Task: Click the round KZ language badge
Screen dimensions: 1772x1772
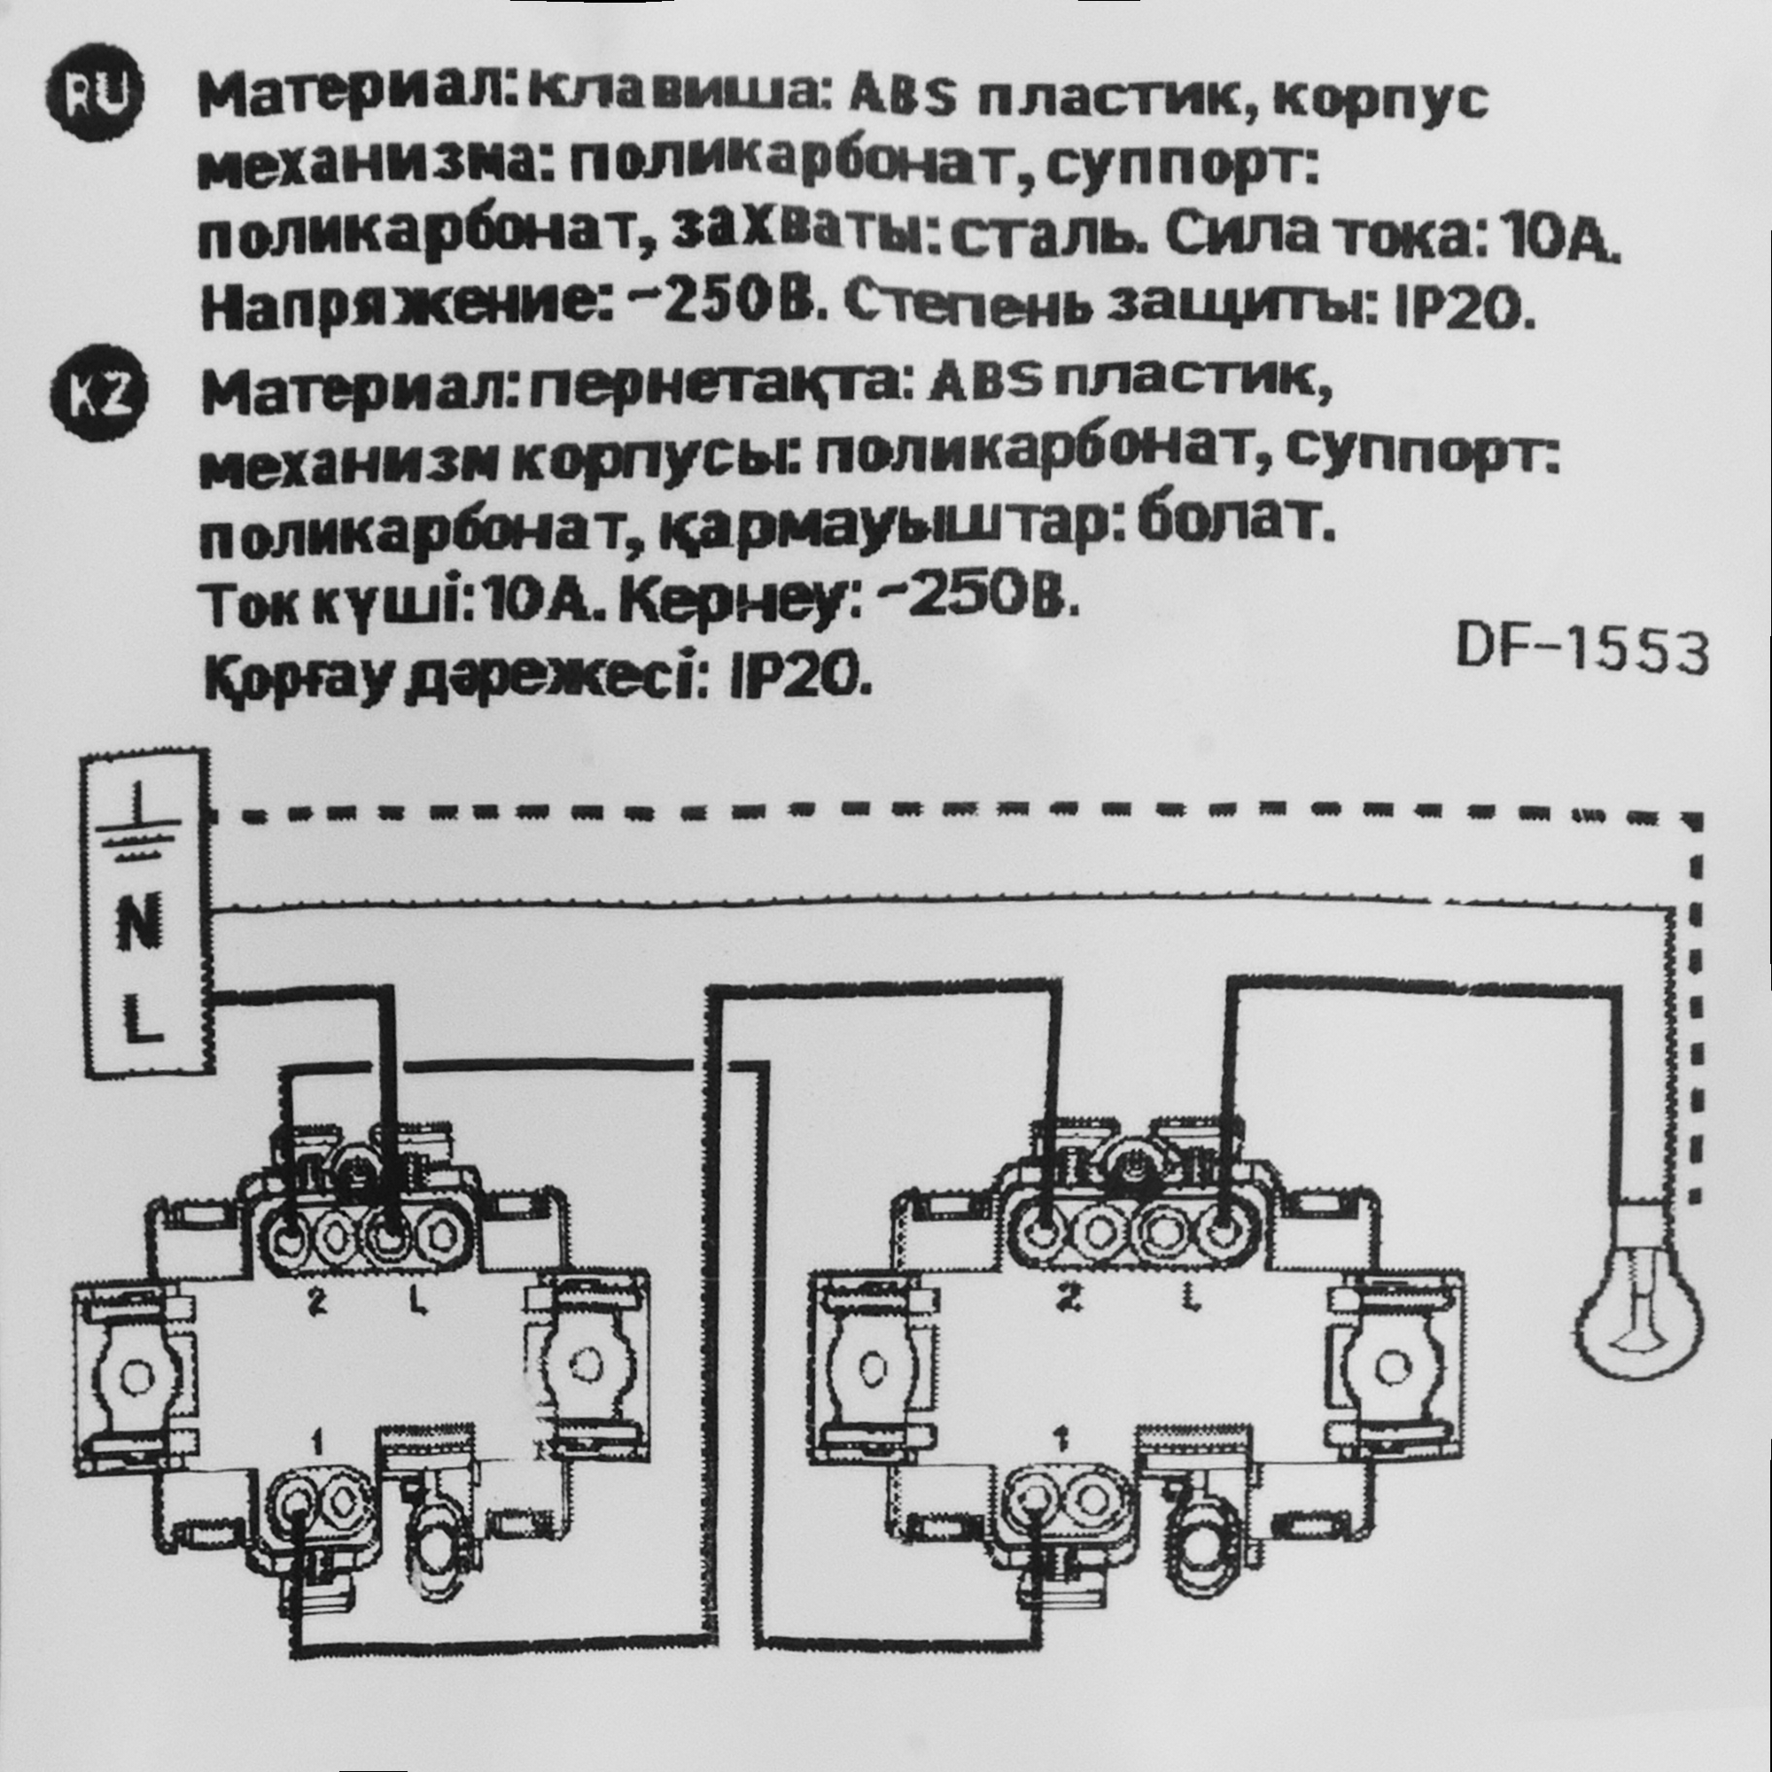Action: (99, 400)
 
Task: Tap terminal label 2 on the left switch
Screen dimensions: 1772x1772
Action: (317, 1303)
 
